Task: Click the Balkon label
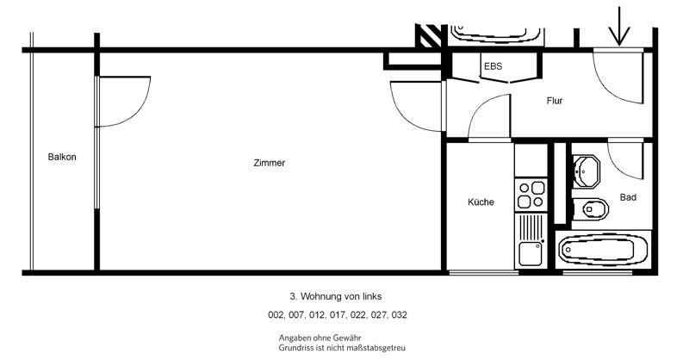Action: [x=62, y=157]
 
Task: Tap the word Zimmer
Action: [x=270, y=163]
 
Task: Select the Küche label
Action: [x=481, y=202]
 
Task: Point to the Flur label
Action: [x=555, y=101]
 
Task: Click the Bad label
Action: [x=628, y=197]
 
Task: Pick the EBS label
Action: [x=493, y=66]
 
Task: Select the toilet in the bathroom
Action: [x=591, y=207]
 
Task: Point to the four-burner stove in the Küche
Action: [x=531, y=195]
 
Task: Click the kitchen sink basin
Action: [x=529, y=254]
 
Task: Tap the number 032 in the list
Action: [x=399, y=315]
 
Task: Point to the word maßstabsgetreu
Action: [x=372, y=349]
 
